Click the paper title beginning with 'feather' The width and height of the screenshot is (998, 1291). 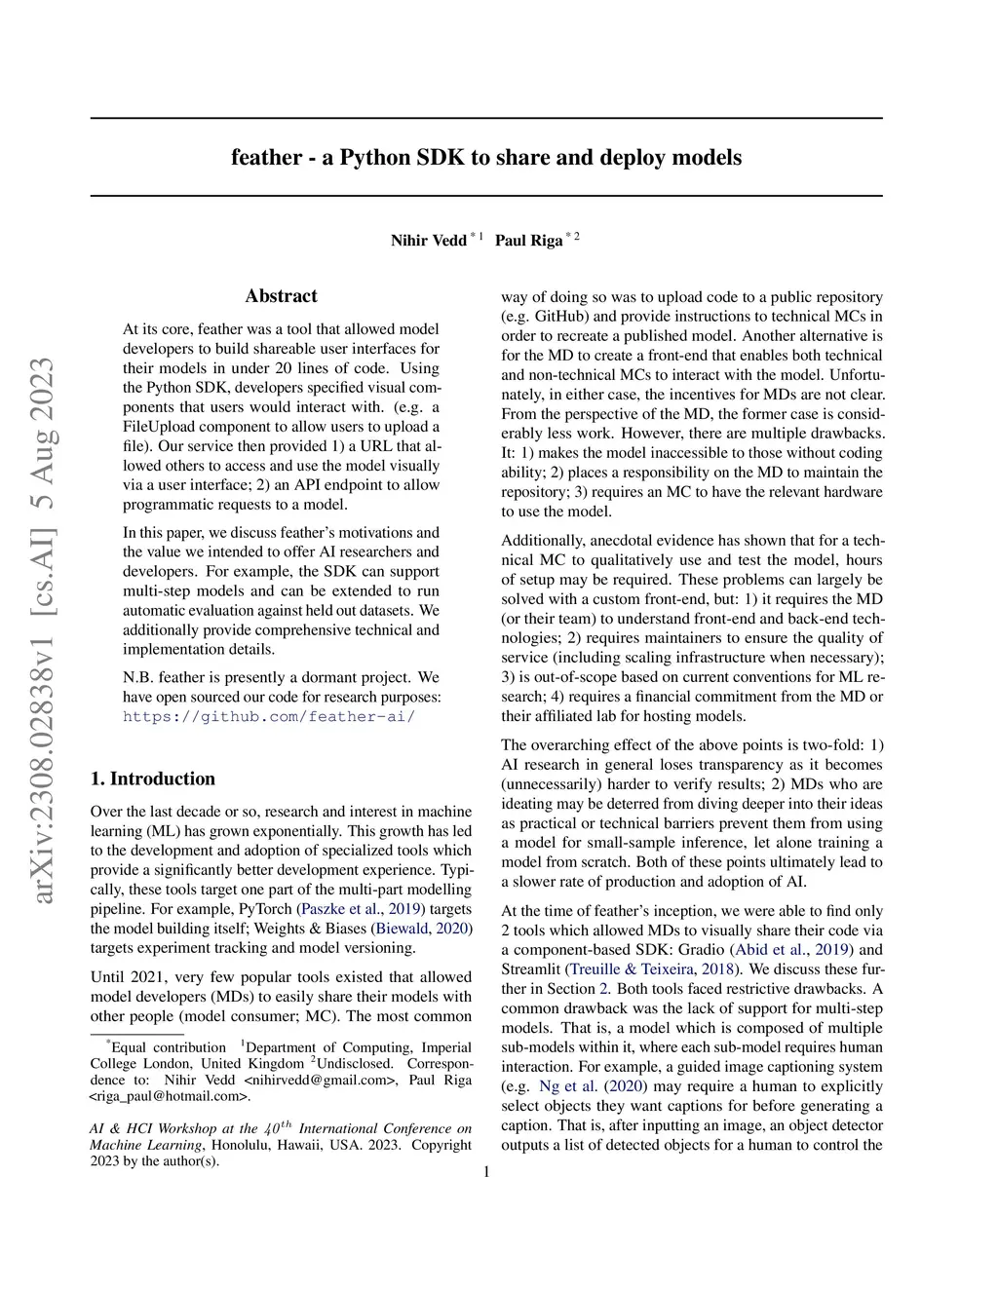point(486,158)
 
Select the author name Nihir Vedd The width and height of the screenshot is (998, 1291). point(428,241)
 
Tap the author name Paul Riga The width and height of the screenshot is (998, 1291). point(528,241)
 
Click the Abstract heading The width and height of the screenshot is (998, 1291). point(281,296)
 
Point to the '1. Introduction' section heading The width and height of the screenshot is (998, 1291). point(152,778)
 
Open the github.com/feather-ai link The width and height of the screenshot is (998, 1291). point(269,717)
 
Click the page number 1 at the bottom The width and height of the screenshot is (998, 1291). point(486,1172)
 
